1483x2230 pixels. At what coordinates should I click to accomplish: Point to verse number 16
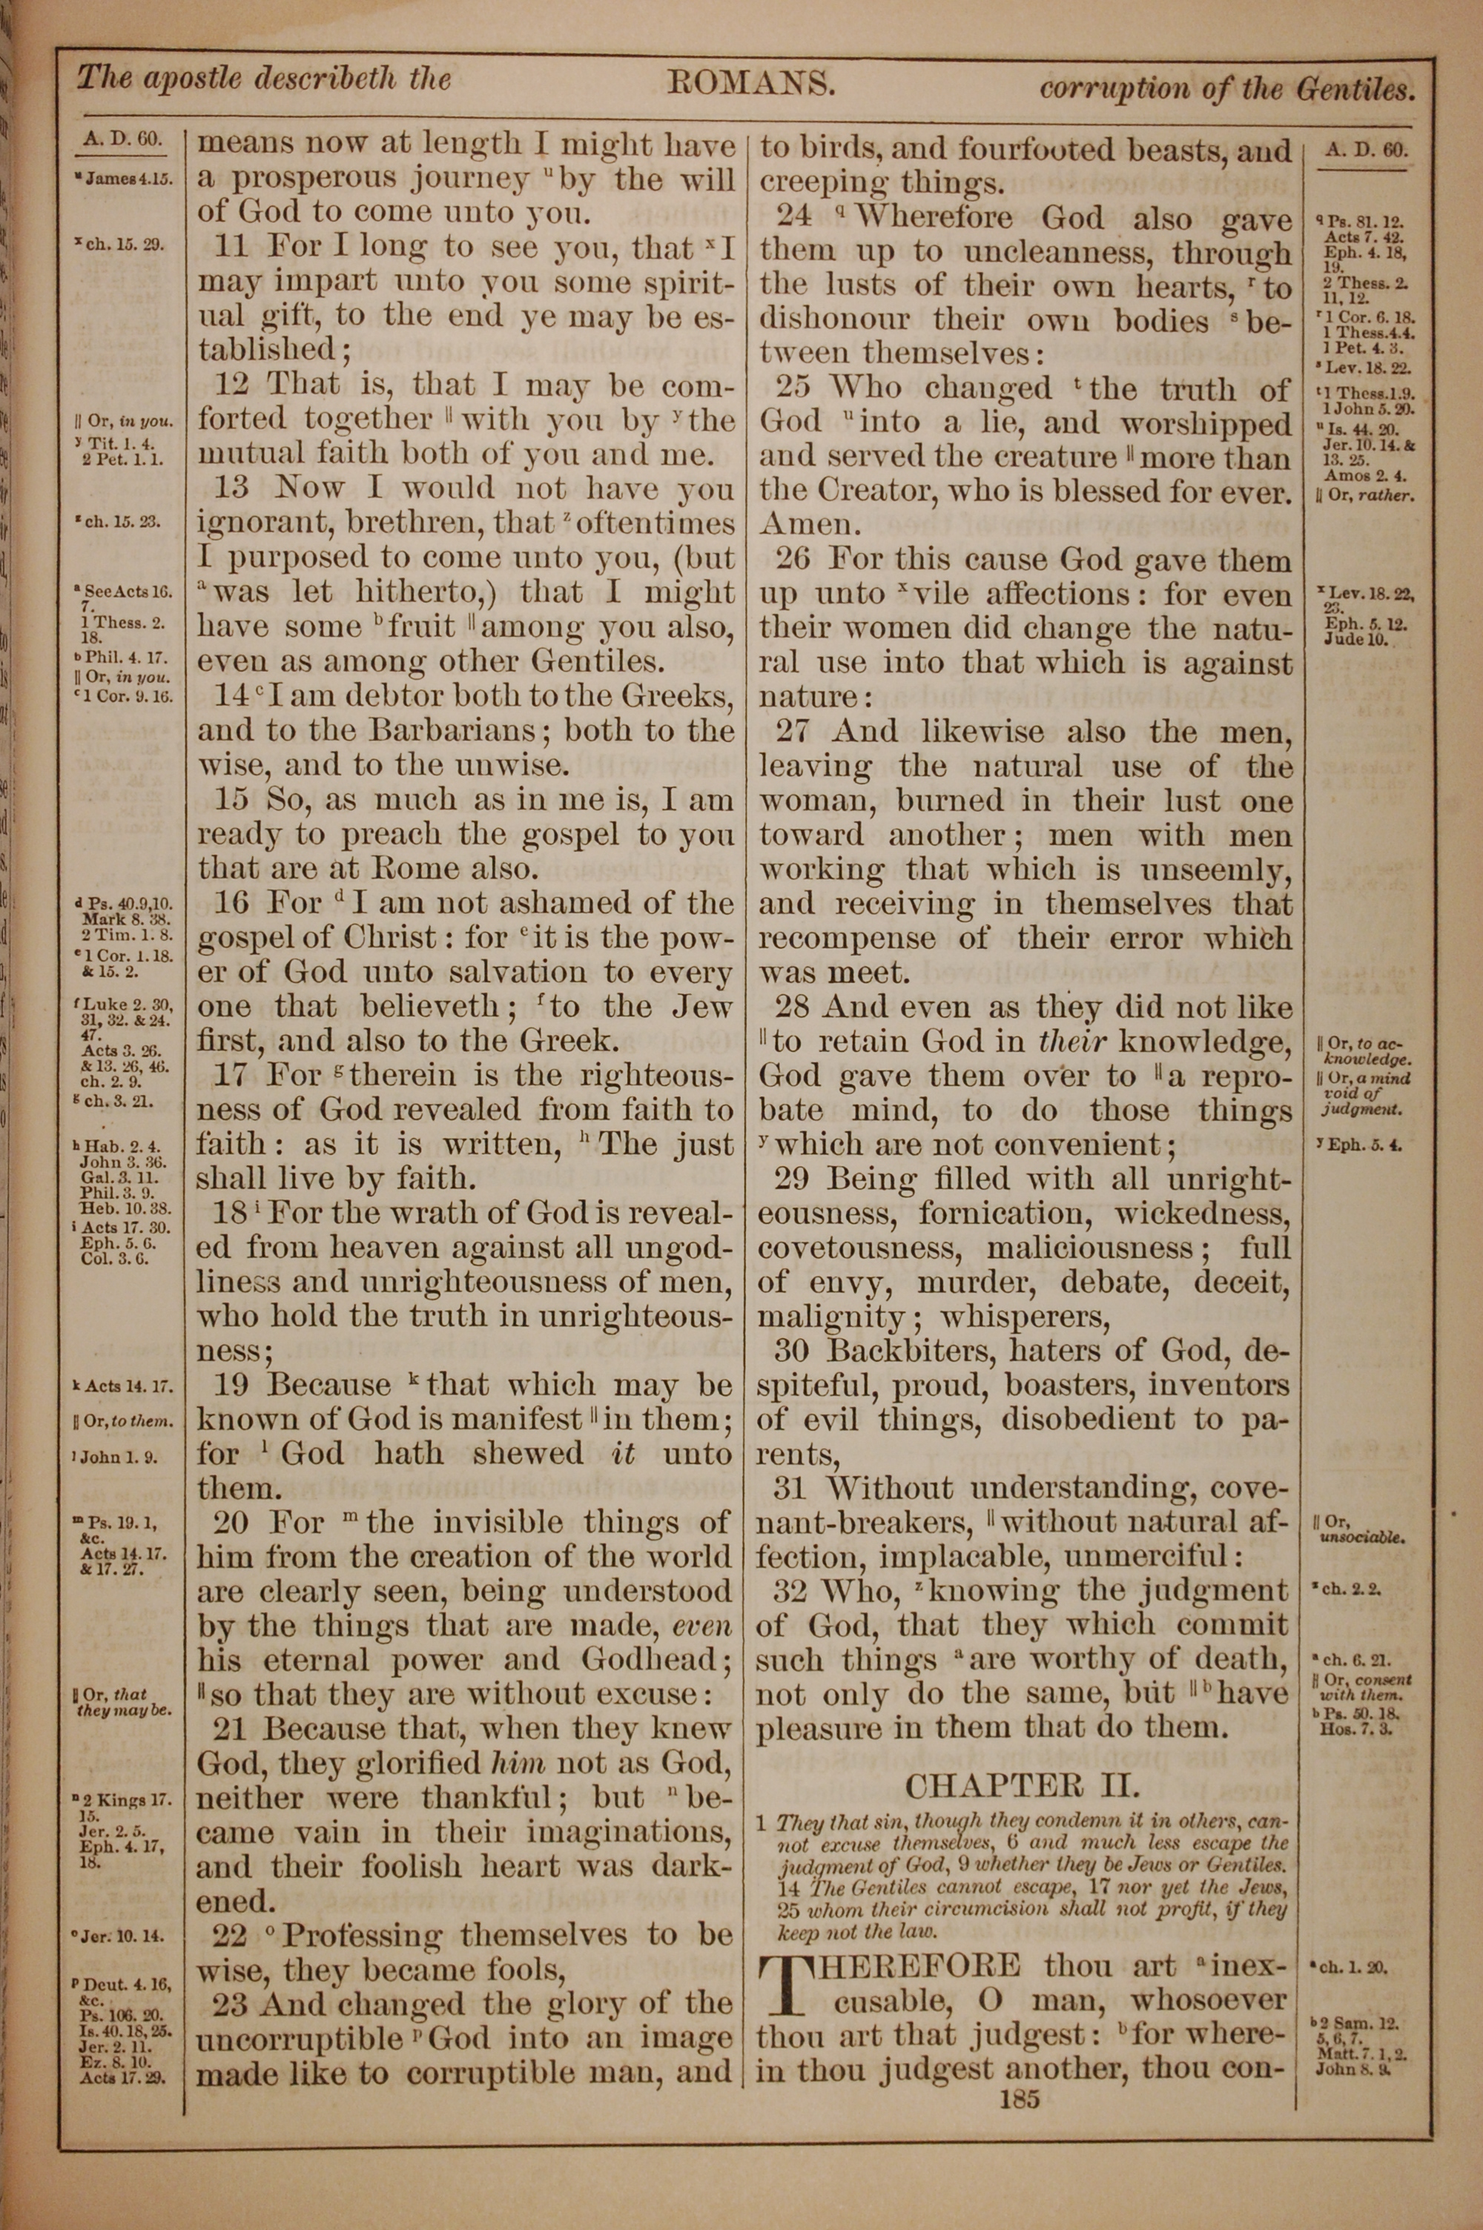(230, 903)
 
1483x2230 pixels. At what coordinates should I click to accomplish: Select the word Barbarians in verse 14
(450, 731)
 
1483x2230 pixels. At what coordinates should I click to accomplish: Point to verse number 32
(790, 1591)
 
